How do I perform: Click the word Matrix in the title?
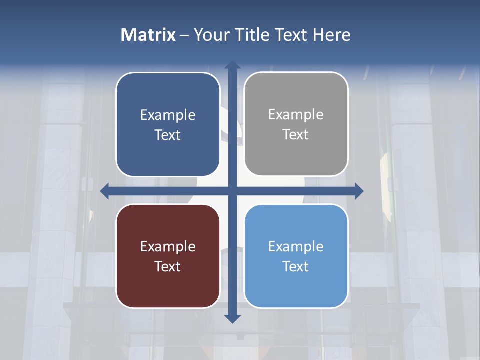click(x=148, y=35)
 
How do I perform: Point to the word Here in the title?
click(x=332, y=35)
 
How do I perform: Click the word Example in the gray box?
click(x=296, y=115)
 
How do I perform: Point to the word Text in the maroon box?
click(x=168, y=266)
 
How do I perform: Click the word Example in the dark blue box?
click(x=168, y=115)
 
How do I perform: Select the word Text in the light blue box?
click(x=296, y=266)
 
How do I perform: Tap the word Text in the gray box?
click(x=296, y=135)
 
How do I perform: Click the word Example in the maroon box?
click(x=168, y=246)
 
